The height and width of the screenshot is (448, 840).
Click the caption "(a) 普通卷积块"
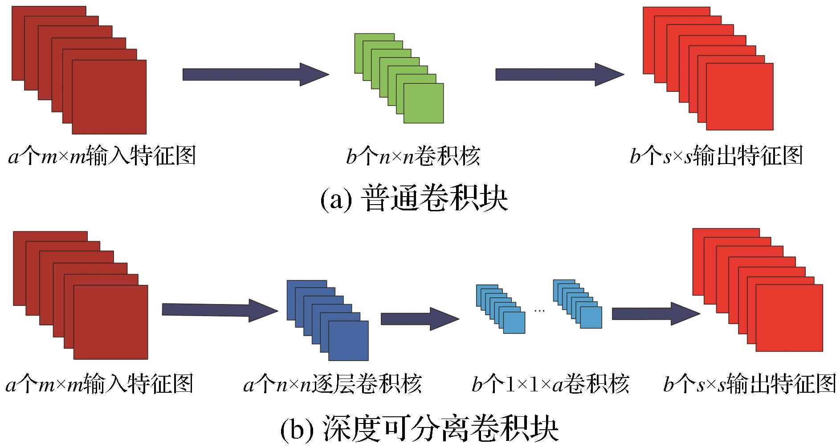pyautogui.click(x=414, y=199)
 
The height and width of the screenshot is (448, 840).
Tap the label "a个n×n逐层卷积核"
pyautogui.click(x=332, y=384)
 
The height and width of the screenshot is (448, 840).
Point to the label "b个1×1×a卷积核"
pyautogui.click(x=550, y=384)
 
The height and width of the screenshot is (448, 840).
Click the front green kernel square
pyautogui.click(x=424, y=103)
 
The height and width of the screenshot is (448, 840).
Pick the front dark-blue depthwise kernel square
pyautogui.click(x=348, y=341)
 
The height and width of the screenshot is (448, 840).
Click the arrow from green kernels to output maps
pyautogui.click(x=559, y=74)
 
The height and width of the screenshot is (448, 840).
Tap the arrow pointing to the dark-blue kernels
pyautogui.click(x=220, y=310)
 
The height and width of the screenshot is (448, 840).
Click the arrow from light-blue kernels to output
pyautogui.click(x=656, y=314)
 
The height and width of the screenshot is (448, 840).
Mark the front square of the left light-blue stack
pyautogui.click(x=514, y=322)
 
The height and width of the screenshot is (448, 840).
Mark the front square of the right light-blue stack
pyautogui.click(x=591, y=318)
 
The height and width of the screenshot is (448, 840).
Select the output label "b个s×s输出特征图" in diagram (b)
pyautogui.click(x=749, y=384)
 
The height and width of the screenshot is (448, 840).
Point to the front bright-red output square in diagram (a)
pyautogui.click(x=740, y=97)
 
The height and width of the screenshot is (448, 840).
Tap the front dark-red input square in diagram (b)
pyautogui.click(x=110, y=322)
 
